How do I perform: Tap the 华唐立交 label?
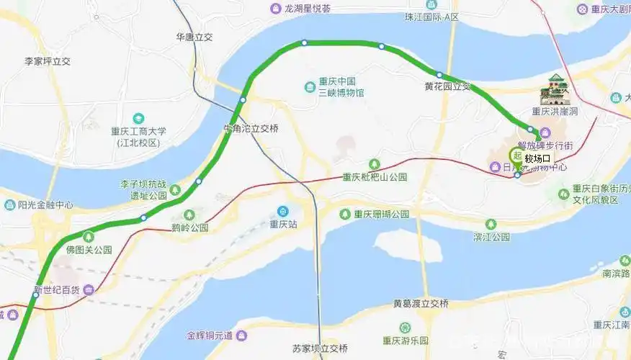point(194,37)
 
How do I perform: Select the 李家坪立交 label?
point(48,62)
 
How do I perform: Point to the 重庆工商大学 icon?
point(138,118)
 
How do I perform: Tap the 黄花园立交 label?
point(447,86)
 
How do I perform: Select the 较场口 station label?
point(537,158)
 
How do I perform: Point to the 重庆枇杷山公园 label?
point(375,177)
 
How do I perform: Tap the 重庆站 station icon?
point(283,211)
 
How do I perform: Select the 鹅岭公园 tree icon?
point(189,215)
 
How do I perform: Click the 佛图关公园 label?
point(89,250)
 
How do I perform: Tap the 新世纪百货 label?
point(57,291)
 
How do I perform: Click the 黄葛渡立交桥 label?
point(421,303)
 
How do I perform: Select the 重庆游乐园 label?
point(406,341)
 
